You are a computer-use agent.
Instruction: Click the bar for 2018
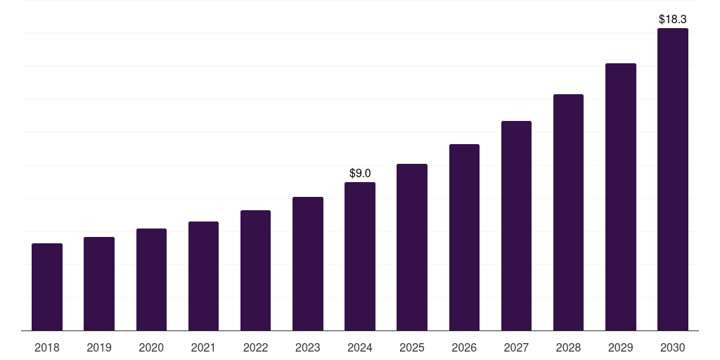[x=47, y=287]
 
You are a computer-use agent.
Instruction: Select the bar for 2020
[x=151, y=280]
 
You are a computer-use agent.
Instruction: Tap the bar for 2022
[x=255, y=271]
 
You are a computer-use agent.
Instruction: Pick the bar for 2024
[x=360, y=257]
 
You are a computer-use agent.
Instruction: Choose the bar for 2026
[x=464, y=238]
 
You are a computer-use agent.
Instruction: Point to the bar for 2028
[x=568, y=212]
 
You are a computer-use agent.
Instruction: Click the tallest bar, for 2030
[x=673, y=179]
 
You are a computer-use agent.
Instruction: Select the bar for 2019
[x=99, y=284]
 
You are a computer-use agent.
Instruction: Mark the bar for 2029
[x=621, y=197]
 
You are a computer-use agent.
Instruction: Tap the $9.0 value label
[x=360, y=173]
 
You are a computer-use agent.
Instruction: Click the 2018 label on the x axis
[x=47, y=347]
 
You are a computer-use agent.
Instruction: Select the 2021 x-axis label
[x=203, y=347]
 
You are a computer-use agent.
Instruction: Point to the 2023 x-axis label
[x=308, y=347]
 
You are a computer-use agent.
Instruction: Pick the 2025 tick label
[x=412, y=347]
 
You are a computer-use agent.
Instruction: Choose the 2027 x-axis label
[x=516, y=347]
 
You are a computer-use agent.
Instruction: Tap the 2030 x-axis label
[x=673, y=347]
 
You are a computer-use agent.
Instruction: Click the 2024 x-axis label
[x=360, y=347]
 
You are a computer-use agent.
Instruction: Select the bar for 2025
[x=412, y=247]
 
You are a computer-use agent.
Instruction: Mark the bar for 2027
[x=516, y=226]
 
